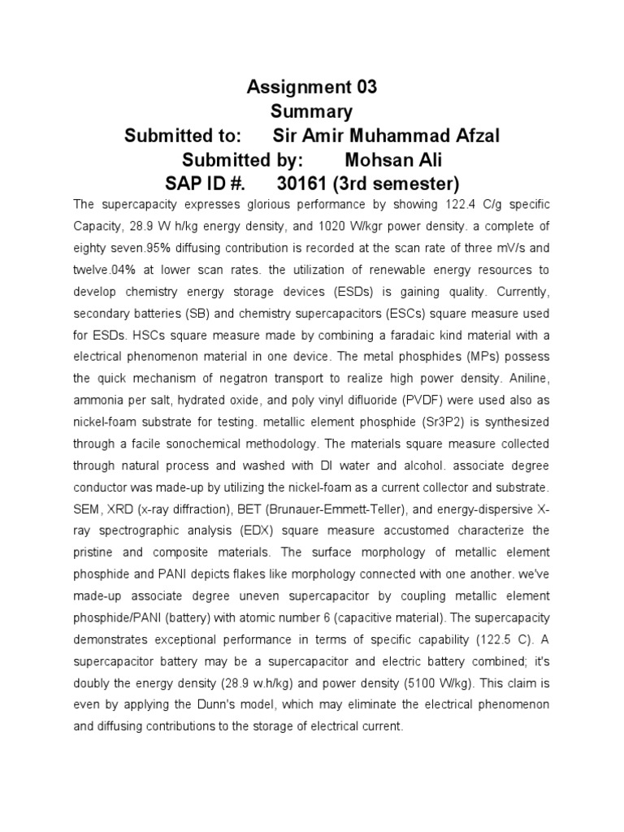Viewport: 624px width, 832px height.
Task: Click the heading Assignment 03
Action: (312, 87)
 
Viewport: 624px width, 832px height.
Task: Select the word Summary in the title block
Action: (312, 110)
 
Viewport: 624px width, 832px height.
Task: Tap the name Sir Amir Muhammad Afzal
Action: (386, 135)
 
